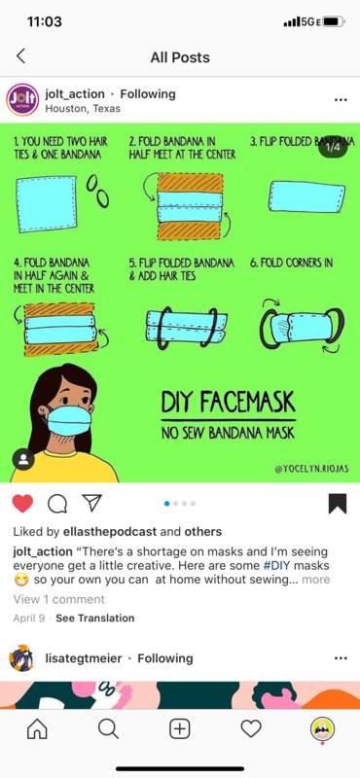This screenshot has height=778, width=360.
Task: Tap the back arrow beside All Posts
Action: click(x=20, y=56)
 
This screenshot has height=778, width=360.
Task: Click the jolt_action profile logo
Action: click(x=22, y=100)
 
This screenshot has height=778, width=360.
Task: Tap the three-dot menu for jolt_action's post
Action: click(x=341, y=100)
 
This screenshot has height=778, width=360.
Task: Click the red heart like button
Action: click(x=22, y=504)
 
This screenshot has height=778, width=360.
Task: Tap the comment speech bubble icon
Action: click(x=57, y=504)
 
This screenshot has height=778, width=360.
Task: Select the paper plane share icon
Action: click(x=91, y=503)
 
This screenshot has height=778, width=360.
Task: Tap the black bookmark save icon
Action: click(x=338, y=504)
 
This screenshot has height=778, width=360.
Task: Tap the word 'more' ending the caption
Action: click(x=316, y=580)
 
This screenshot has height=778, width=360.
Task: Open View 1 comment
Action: click(x=59, y=599)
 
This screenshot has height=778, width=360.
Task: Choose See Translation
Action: click(x=94, y=619)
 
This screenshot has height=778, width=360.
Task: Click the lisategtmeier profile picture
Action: click(x=22, y=658)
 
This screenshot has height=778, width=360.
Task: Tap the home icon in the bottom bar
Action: click(x=37, y=728)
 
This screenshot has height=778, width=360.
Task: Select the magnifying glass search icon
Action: click(x=108, y=728)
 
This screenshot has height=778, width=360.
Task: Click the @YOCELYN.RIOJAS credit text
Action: click(x=310, y=470)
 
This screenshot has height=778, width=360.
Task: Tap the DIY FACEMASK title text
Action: click(x=228, y=402)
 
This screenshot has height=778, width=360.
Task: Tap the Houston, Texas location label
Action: click(x=83, y=109)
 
